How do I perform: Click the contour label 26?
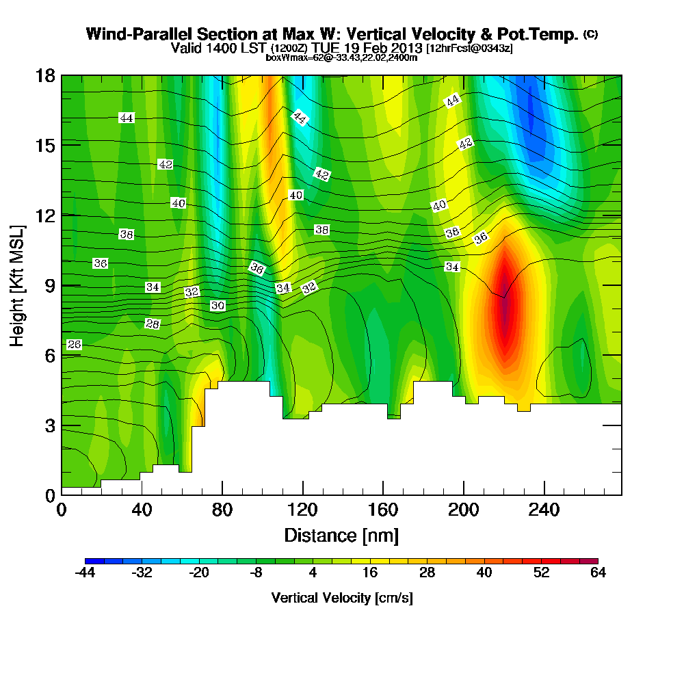(75, 345)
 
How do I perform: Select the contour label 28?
(153, 324)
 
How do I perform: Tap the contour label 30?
(218, 306)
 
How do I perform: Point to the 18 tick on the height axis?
(46, 75)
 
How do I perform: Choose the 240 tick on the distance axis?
(544, 510)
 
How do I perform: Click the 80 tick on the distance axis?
(222, 510)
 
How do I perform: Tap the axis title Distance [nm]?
(341, 535)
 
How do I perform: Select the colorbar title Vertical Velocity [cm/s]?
(341, 598)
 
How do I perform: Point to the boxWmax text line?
(341, 57)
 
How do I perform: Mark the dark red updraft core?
(505, 308)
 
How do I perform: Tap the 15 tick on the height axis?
(46, 145)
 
